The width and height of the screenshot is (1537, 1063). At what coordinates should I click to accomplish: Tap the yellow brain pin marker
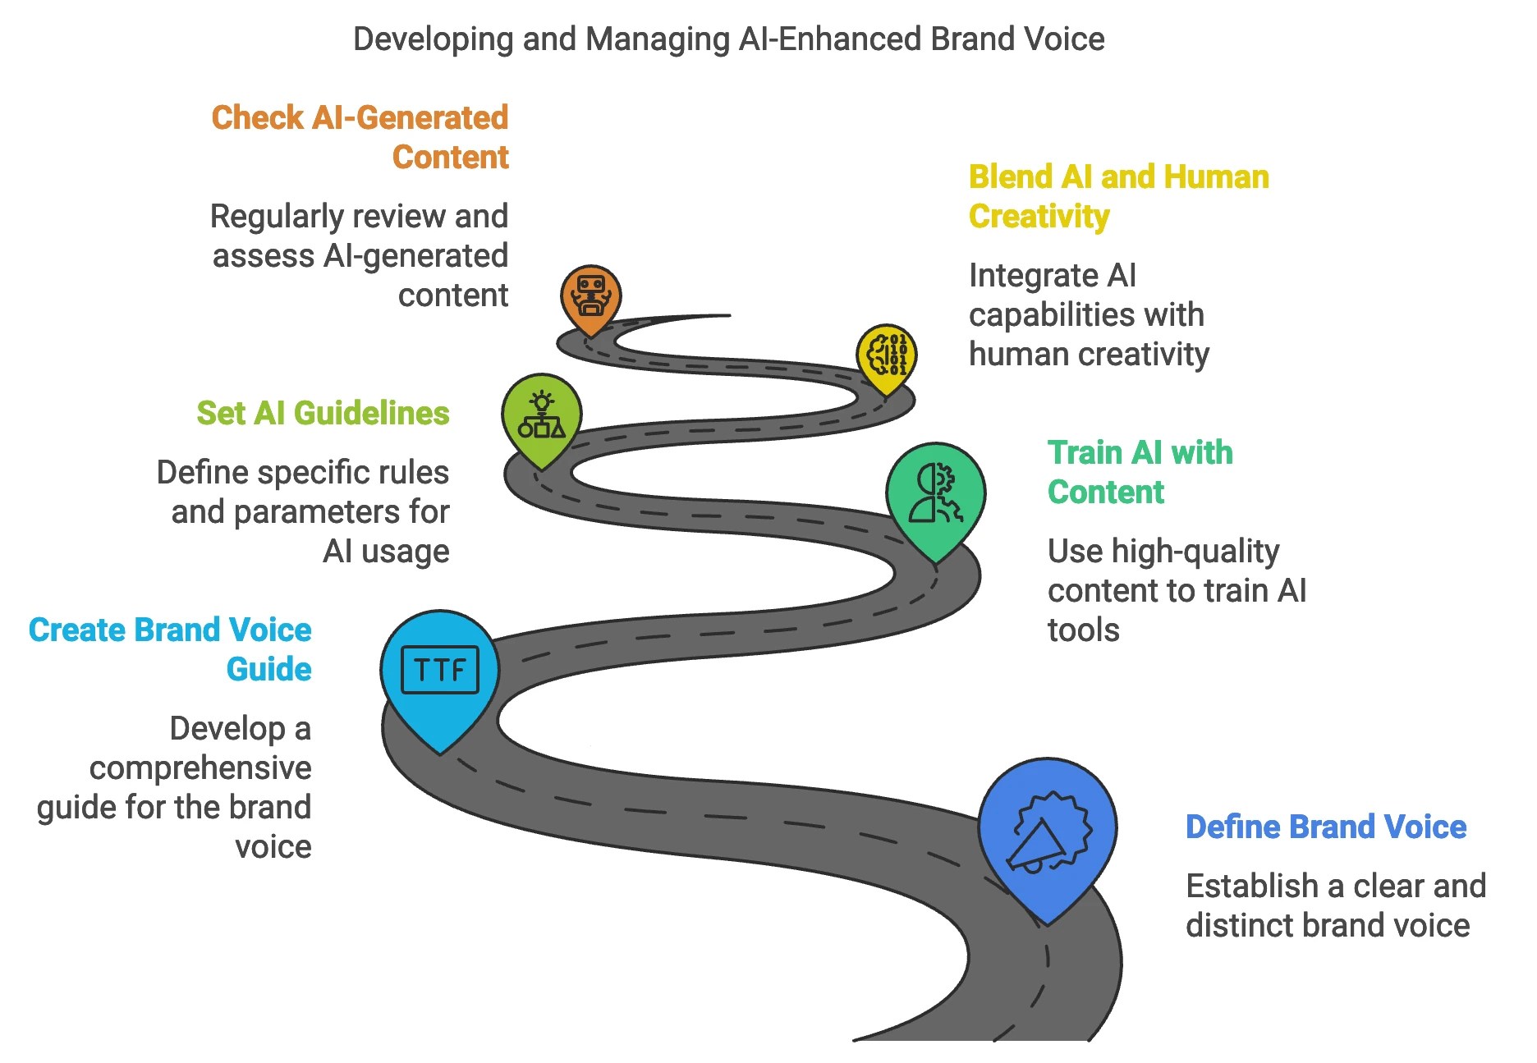coord(887,355)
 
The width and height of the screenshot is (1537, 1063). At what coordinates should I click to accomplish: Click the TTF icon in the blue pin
coord(439,670)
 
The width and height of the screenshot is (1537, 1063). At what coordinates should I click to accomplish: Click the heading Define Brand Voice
coord(1325,827)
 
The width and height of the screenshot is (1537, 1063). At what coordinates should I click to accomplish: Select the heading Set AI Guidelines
coord(323,413)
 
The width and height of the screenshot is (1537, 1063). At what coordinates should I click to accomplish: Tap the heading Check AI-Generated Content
coord(360,137)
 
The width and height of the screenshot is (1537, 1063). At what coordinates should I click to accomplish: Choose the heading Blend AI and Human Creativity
coord(1118,196)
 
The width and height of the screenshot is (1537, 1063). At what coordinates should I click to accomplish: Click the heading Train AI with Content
coord(1140,472)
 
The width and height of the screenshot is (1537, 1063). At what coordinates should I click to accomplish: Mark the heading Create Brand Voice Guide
coord(170,649)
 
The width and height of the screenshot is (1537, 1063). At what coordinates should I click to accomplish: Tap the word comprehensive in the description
coord(200,768)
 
